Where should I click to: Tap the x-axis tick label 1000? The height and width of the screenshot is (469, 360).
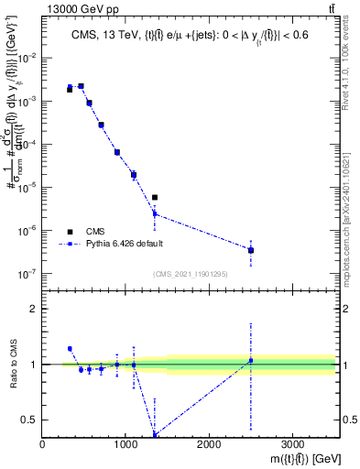pos(125,443)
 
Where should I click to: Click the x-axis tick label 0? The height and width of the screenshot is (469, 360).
pos(43,443)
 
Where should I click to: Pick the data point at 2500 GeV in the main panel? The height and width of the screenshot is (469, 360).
pos(251,250)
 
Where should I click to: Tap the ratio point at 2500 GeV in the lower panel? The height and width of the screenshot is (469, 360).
pos(251,360)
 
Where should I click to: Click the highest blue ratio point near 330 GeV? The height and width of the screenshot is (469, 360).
pos(70,349)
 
